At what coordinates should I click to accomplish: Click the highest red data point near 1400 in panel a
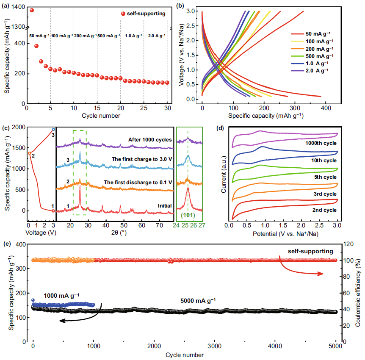pos(32,10)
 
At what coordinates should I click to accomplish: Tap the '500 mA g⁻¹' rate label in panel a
pos(108,36)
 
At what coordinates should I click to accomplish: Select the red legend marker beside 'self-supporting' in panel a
pos(123,14)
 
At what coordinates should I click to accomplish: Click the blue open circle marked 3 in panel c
pos(53,130)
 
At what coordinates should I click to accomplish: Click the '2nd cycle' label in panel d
pos(324,210)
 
